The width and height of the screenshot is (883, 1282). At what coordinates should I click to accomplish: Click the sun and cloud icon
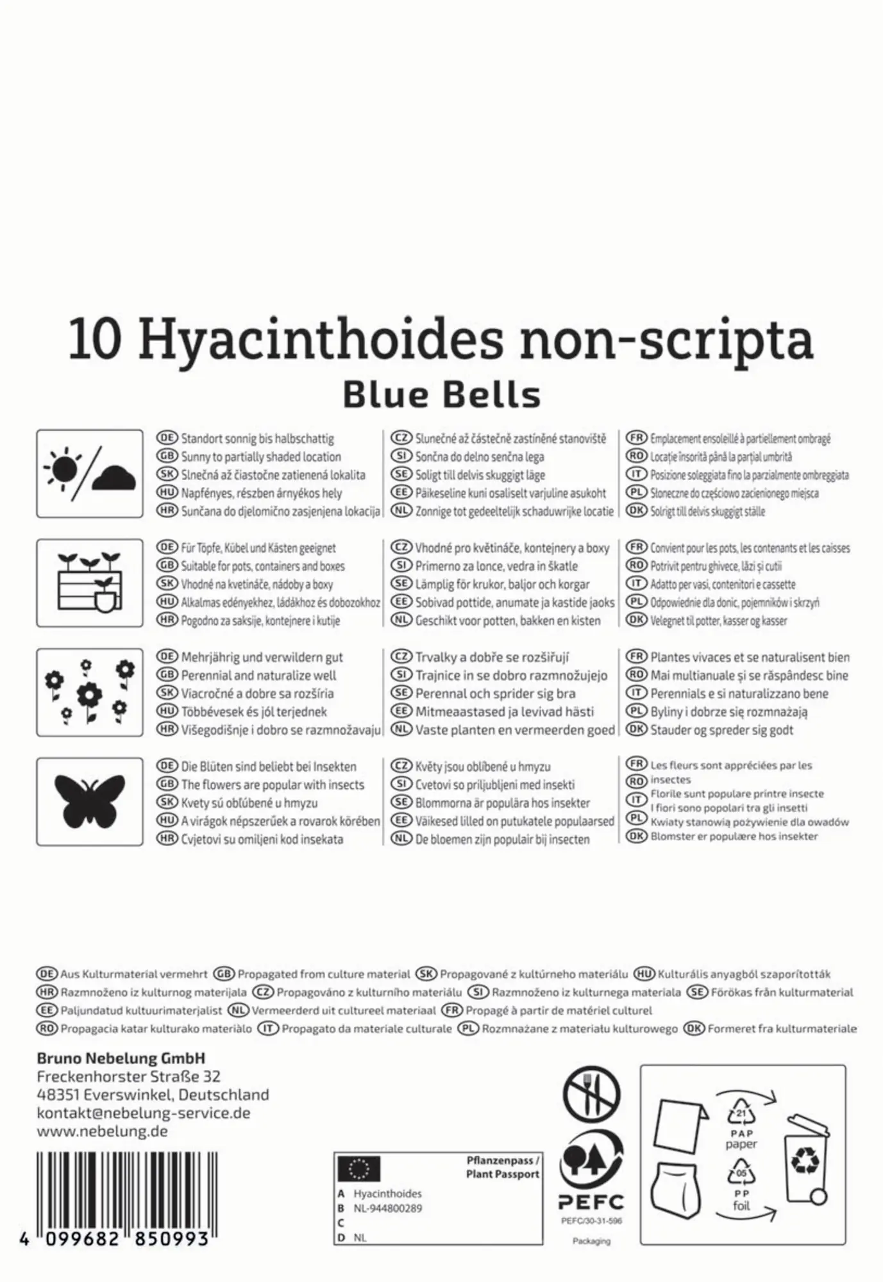90,474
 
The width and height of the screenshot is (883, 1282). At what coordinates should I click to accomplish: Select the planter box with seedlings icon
90,583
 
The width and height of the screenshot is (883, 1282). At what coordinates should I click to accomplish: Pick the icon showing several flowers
90,692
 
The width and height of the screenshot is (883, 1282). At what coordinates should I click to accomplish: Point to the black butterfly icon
90,801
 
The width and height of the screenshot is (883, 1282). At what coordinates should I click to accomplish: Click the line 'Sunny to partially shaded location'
260,457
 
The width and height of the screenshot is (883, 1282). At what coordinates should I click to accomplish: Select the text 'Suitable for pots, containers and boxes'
262,567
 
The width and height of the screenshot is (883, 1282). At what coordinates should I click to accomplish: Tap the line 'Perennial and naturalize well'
258,676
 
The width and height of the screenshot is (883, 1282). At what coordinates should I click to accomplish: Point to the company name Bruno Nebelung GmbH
121,1058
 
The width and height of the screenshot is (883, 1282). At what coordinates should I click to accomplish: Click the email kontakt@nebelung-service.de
144,1113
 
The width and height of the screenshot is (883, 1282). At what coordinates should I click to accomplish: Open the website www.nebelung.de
103,1131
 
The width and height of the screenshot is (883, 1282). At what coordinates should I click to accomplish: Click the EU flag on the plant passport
359,1169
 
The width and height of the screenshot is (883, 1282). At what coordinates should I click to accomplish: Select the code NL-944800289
388,1208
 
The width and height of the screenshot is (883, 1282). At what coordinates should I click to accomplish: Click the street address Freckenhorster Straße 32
129,1076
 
